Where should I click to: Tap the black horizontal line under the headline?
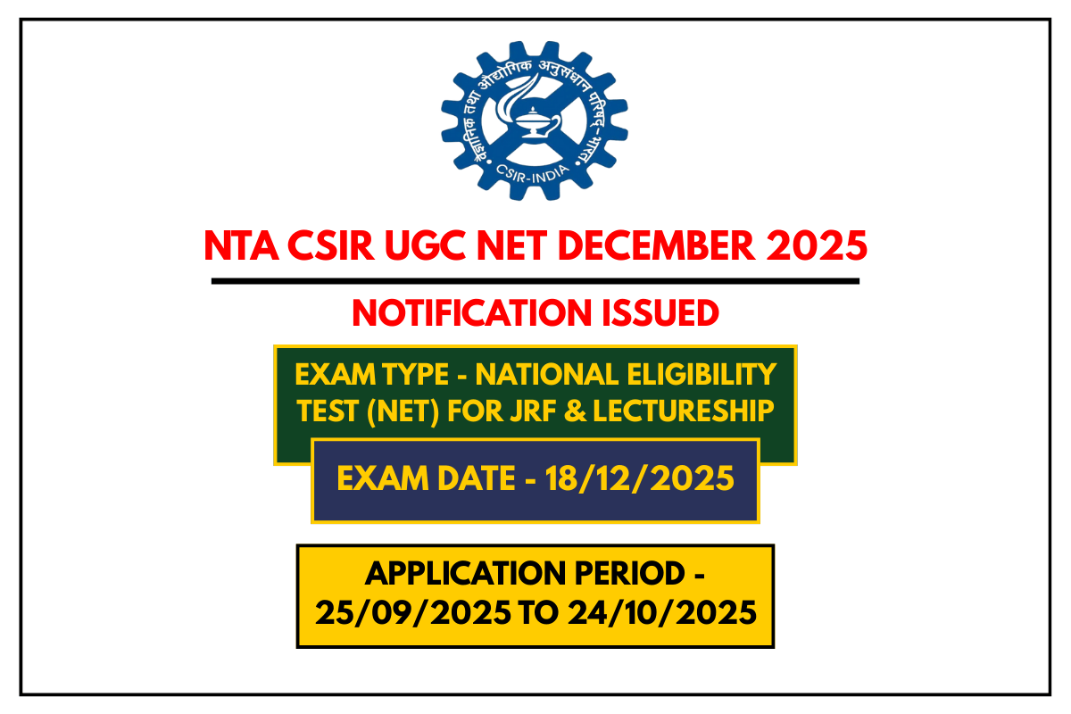pyautogui.click(x=535, y=281)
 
